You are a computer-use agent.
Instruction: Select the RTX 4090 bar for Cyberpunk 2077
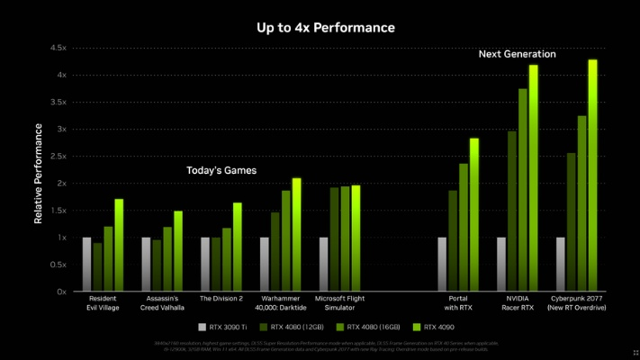click(592, 176)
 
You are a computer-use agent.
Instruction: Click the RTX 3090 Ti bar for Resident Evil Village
click(86, 265)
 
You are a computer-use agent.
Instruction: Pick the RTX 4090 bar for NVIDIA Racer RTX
click(533, 178)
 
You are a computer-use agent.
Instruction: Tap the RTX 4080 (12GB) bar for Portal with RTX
click(453, 241)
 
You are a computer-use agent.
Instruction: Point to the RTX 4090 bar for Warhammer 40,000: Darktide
click(297, 235)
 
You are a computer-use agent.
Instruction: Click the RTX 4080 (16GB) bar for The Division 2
click(227, 259)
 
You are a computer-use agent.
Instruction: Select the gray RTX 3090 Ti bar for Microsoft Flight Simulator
click(323, 265)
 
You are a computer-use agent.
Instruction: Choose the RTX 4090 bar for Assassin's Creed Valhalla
click(178, 251)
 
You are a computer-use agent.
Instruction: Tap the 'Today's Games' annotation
click(221, 170)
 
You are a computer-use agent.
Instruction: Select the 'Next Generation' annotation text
click(517, 54)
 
